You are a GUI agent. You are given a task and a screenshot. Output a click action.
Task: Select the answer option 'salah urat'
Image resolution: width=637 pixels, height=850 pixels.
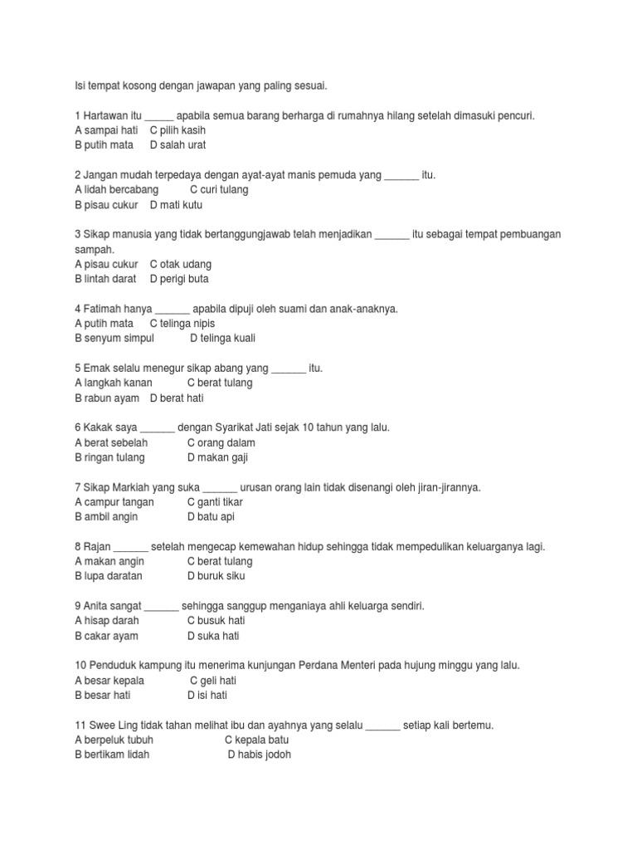tap(182, 145)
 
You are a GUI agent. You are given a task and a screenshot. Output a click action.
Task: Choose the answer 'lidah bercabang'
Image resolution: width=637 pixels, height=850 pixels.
tap(121, 190)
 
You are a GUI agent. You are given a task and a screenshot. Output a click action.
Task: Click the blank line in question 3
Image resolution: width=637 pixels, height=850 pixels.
tap(391, 234)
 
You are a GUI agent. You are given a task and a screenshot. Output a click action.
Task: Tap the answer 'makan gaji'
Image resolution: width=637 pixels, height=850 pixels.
tap(222, 457)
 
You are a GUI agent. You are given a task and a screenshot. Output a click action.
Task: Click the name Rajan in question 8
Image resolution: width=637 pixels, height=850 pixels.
tap(97, 546)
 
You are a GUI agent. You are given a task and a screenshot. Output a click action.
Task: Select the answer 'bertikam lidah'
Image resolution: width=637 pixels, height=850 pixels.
tap(117, 755)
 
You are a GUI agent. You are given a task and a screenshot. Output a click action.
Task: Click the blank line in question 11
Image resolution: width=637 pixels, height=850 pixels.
tap(382, 725)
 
